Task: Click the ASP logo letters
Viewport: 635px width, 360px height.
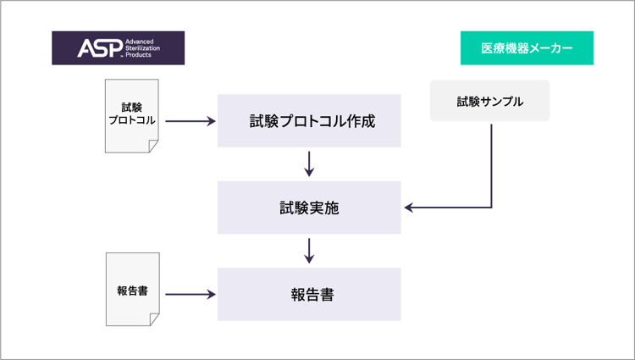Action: [100, 48]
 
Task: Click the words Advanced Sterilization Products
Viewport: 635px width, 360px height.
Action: [142, 48]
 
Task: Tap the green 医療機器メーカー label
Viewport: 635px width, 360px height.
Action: [527, 47]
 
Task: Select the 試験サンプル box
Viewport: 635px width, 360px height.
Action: [489, 101]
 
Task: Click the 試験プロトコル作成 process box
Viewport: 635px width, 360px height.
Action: [309, 120]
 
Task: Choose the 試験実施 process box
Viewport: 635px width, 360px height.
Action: [309, 208]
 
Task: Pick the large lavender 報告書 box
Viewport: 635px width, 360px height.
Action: [309, 294]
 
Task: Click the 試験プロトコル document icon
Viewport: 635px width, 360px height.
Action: [131, 116]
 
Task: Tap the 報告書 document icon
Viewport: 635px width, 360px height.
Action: [132, 289]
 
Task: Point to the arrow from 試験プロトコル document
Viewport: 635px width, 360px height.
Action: [190, 120]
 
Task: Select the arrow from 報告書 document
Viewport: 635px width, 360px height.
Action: [190, 295]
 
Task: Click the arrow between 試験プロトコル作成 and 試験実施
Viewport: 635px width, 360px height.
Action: [309, 164]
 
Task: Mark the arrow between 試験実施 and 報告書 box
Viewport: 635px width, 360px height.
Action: [309, 251]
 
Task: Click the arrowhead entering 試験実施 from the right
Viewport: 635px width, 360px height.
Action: [409, 208]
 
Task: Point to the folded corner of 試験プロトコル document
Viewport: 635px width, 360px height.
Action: [153, 147]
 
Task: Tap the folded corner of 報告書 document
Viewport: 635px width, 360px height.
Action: [154, 319]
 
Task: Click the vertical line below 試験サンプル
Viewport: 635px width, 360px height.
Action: [492, 166]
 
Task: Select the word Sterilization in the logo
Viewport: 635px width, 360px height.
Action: [142, 48]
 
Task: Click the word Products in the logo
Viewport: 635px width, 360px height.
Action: [138, 55]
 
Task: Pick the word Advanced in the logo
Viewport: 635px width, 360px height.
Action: [140, 42]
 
